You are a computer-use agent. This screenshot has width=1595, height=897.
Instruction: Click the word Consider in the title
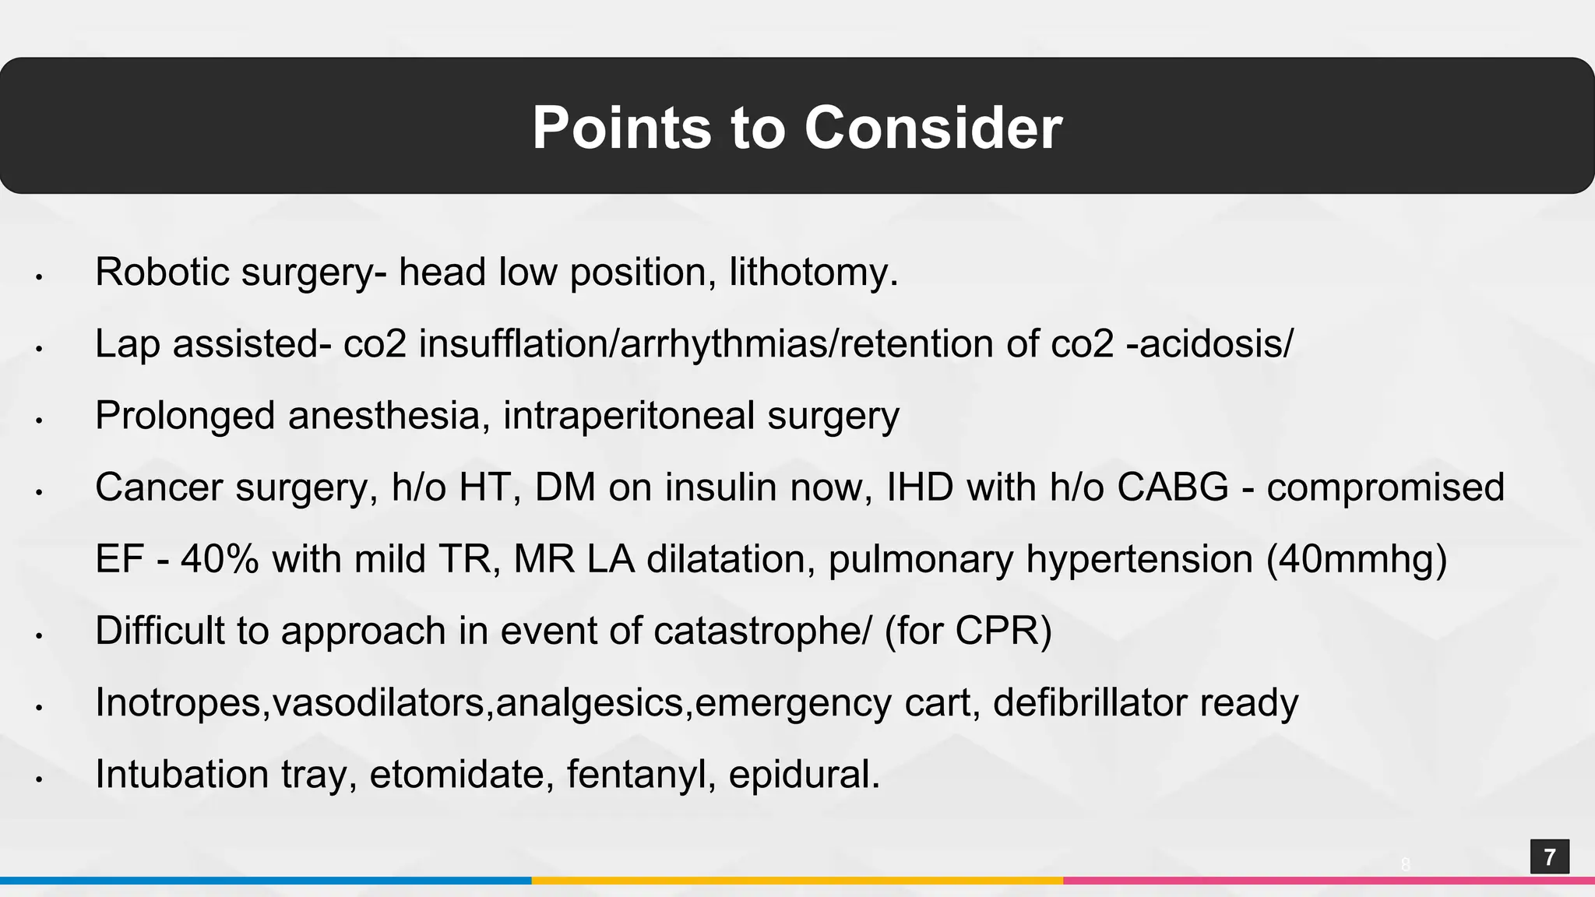[933, 128]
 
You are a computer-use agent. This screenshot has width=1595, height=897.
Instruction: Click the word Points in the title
[621, 128]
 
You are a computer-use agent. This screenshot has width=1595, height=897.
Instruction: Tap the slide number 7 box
[1549, 857]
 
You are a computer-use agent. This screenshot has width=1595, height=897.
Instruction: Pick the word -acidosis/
[1209, 344]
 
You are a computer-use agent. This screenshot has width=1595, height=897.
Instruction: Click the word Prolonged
[185, 416]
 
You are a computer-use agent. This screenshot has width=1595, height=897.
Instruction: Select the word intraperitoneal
[628, 416]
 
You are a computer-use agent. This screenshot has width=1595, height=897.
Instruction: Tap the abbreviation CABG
[1173, 487]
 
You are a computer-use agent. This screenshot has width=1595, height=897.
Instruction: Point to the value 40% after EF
[220, 559]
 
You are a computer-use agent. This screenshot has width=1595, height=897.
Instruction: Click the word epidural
[804, 774]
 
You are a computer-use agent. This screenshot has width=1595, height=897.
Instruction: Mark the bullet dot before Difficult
[38, 635]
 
